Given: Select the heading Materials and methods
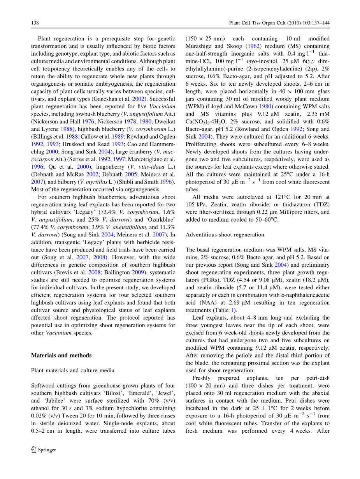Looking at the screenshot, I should [61, 355].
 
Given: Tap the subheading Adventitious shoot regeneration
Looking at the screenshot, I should [225, 234].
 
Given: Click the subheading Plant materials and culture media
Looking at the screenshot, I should [72, 370].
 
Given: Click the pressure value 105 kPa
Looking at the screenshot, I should [195, 204].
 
